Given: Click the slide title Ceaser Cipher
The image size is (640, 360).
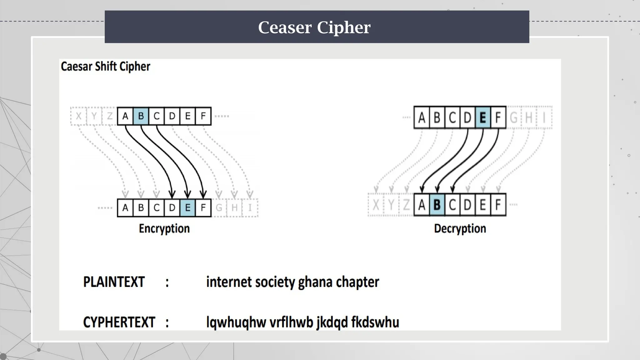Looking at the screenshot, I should click(314, 27).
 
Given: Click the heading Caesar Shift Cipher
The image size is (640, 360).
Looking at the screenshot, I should click(105, 67).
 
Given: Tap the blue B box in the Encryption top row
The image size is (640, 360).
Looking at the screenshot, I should click(141, 116).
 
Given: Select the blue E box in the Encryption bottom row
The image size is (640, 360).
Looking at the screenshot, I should click(187, 208).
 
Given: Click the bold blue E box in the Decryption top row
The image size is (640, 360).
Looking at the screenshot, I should click(482, 118).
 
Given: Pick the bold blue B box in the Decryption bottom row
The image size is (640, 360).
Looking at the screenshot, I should click(437, 205).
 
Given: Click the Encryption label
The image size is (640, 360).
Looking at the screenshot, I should click(164, 229).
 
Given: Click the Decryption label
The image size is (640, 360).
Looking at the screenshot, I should click(460, 229).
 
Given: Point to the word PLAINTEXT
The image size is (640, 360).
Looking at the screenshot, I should click(114, 282).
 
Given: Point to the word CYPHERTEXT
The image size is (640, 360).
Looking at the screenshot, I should click(119, 322).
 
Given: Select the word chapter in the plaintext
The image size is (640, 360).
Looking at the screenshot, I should click(357, 282).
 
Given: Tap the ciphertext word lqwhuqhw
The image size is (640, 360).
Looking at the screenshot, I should click(236, 322).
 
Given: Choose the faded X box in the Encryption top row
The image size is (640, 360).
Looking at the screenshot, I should click(78, 116).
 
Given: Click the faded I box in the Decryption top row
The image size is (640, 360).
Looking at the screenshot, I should click(544, 118).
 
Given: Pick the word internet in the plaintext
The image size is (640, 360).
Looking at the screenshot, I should click(229, 282).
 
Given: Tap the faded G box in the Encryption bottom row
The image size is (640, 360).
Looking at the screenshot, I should click(219, 208).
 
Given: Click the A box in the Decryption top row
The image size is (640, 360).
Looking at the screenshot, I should click(422, 118).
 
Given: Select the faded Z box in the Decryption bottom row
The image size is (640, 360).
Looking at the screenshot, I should click(406, 205).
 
